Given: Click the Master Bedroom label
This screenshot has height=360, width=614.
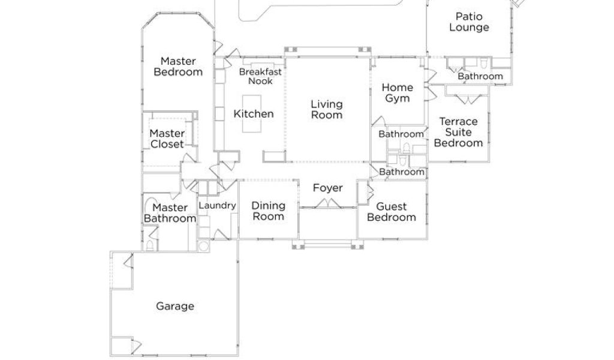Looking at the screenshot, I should coord(177,66).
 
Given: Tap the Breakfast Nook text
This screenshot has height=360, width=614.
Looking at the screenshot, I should coord(260,76).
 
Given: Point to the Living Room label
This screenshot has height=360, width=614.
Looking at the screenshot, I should coord(327,109).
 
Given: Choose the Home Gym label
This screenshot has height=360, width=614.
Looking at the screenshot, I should coord(398,93).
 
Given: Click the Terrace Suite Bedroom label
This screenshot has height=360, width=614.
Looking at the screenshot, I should coord(458,132).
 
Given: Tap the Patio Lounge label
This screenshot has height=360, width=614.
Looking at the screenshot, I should coord(469,22).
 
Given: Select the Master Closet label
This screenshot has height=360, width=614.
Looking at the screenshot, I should coord(167,139).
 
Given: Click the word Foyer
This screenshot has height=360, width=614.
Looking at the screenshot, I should coord(328,188).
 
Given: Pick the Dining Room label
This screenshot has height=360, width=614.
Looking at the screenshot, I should coord(268,211).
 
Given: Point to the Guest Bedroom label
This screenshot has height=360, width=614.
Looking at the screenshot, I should coord(391,212).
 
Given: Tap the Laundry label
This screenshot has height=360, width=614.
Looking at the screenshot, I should coord(216,205).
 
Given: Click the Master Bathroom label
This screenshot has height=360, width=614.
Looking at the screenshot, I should coord(170,213).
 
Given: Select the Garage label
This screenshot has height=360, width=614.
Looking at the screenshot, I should coord(175,306).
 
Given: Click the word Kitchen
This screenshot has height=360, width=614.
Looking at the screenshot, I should coord(254,114).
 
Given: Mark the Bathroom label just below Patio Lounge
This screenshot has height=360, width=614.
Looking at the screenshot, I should coord(480,76).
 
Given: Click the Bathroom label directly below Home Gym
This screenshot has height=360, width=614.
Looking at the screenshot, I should coord(401,134).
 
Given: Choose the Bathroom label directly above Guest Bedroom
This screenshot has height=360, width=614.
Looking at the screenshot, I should coord(402,172).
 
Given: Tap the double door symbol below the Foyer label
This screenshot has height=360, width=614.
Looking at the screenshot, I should coord(328,205).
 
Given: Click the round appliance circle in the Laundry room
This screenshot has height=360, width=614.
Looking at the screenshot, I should coord(204,246).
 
